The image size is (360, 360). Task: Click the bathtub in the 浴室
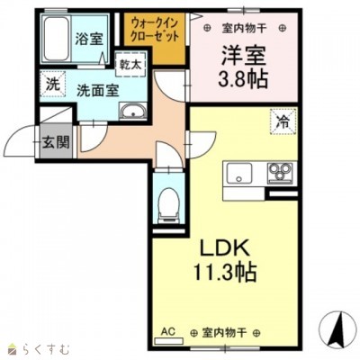(57, 39)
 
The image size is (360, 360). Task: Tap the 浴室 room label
(89, 40)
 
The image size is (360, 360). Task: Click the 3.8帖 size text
(243, 78)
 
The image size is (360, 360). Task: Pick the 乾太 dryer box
(130, 65)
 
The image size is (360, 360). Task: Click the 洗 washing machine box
(52, 85)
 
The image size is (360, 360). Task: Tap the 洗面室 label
(98, 91)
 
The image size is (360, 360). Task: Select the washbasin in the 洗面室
(132, 111)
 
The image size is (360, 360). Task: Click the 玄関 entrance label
(56, 142)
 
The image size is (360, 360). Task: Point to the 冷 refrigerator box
(283, 121)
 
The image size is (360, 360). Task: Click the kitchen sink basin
(239, 173)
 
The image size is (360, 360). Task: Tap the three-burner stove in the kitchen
(281, 173)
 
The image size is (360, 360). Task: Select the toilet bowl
(168, 205)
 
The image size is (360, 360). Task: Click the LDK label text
(225, 247)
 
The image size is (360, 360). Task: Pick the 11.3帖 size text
(225, 271)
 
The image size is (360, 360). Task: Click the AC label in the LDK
(168, 331)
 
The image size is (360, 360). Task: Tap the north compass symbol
(337, 328)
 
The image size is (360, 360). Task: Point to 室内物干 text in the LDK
(224, 332)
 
